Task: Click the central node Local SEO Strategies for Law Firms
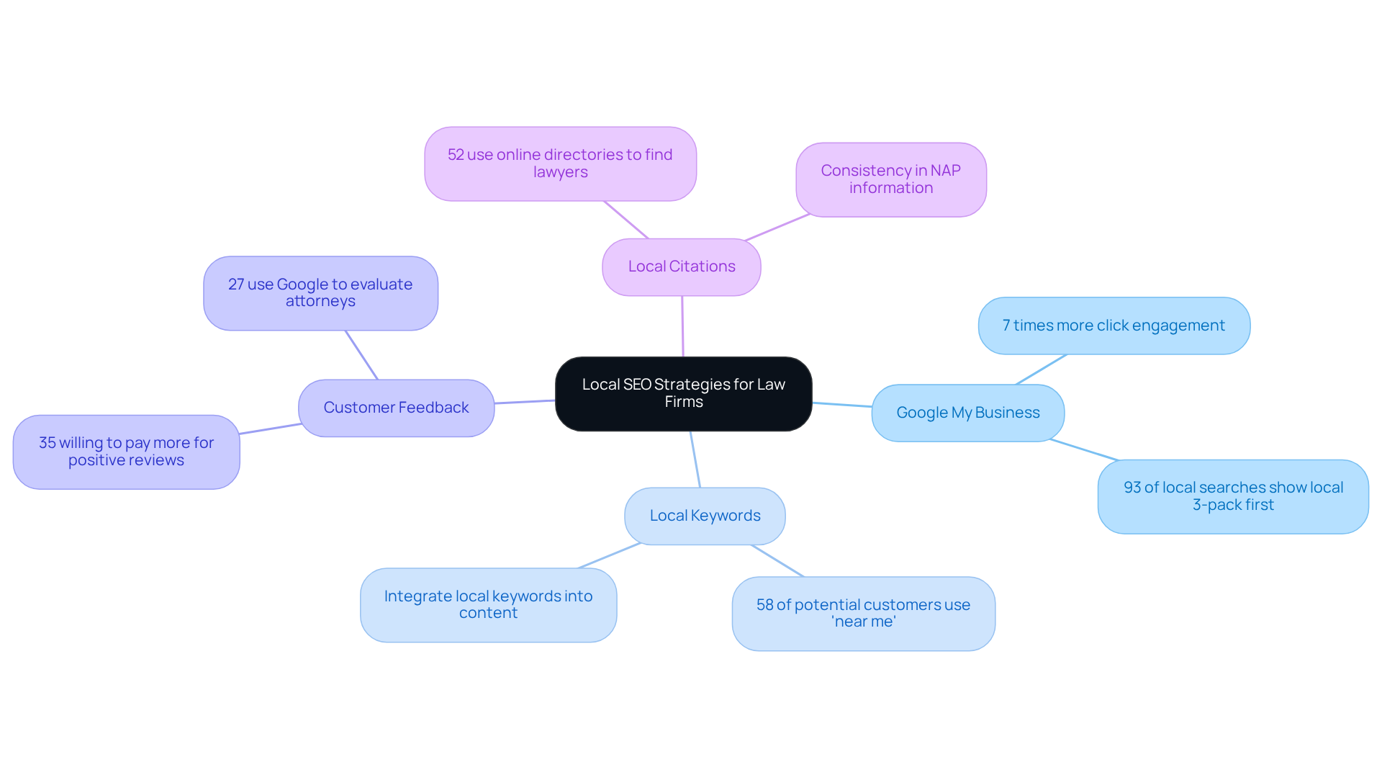coord(683,393)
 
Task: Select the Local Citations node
coord(681,266)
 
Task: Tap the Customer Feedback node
coord(396,408)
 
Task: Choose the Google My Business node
coord(967,413)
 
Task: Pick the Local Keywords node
coord(705,516)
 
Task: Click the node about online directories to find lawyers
coord(560,163)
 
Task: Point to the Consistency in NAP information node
coord(890,179)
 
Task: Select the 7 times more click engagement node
coord(1114,326)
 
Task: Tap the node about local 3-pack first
coord(1232,496)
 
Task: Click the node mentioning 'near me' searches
coord(863,614)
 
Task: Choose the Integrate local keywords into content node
coord(488,605)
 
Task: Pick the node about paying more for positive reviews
coord(126,452)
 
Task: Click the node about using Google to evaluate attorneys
coord(320,293)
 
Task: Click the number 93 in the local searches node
coord(1132,488)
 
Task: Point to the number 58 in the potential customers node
coord(764,605)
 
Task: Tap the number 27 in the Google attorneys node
coord(236,284)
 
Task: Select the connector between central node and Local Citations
coord(682,326)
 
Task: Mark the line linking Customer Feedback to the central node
coord(525,402)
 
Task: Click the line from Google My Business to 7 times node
coord(1041,369)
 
